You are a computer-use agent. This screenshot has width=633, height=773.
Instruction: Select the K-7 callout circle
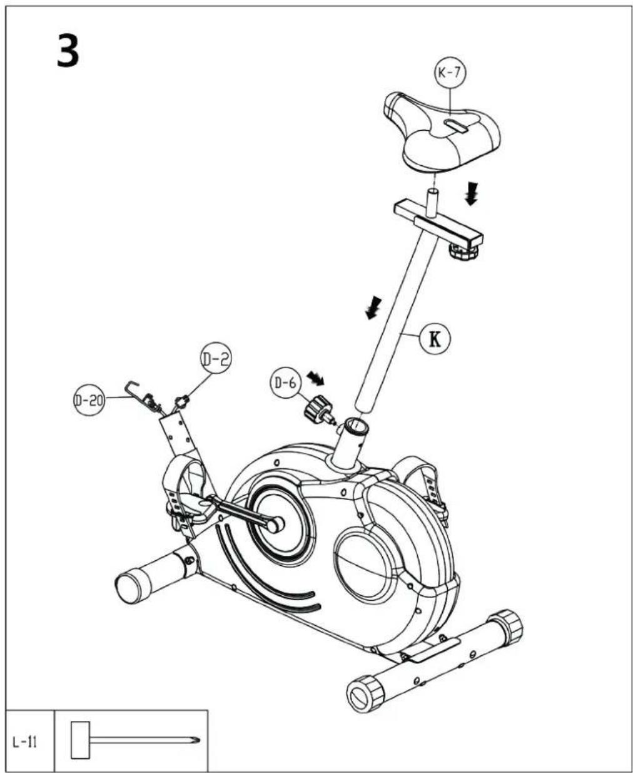450,73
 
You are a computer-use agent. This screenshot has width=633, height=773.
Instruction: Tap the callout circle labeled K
434,338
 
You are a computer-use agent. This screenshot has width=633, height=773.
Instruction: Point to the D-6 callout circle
285,382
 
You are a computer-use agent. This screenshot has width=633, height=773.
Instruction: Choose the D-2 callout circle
215,359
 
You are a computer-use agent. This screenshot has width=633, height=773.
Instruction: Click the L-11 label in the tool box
25,743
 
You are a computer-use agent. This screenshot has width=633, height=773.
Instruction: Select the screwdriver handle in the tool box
80,740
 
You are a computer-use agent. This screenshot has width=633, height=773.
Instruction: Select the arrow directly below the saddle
471,197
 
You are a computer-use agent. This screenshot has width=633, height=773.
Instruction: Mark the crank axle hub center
275,525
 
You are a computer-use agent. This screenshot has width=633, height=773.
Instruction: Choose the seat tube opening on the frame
356,427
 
